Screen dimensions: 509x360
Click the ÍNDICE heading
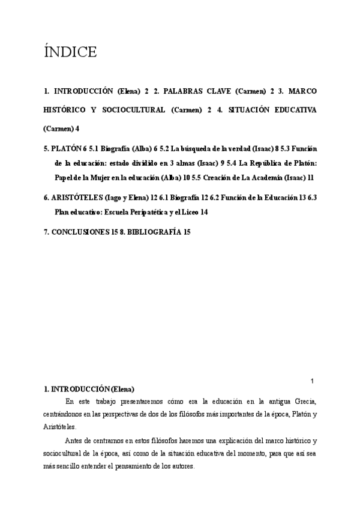coord(70,53)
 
